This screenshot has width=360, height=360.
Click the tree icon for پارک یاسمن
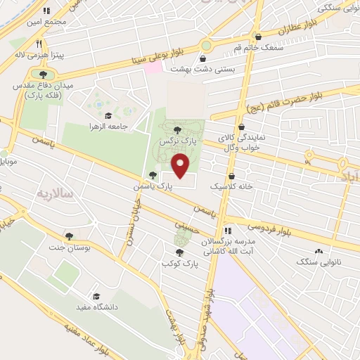tap(153, 175)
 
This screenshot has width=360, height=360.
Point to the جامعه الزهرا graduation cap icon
tap(108, 116)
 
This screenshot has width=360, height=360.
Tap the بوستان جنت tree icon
tap(68, 236)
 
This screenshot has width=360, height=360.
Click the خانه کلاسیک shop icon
tap(232, 176)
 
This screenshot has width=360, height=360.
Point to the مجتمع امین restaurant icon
tap(47, 11)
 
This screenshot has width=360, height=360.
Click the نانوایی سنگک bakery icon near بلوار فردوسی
tap(319, 251)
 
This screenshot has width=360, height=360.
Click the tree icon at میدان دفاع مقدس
tap(43, 73)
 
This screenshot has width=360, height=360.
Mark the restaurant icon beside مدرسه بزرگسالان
tap(227, 230)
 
